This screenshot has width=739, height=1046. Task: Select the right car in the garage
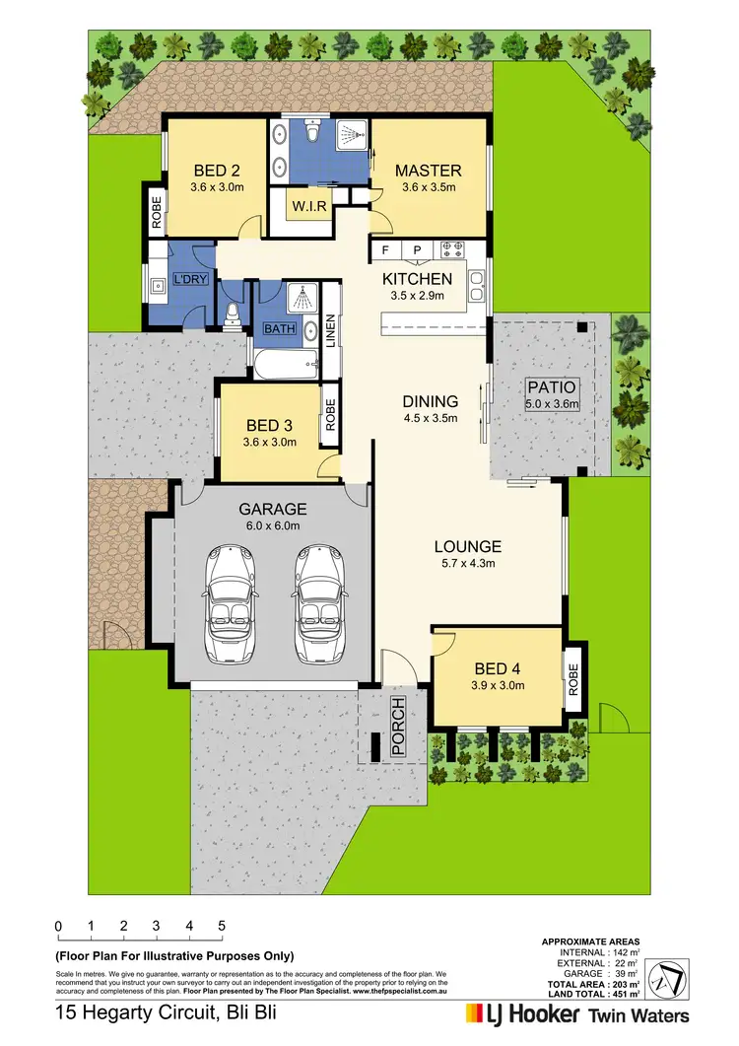pos(317,607)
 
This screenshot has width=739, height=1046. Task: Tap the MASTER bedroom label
pos(431,171)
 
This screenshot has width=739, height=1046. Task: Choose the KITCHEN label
pos(417,279)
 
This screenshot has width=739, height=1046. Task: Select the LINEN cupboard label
pos(331,330)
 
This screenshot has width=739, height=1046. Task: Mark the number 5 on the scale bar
pos(222,926)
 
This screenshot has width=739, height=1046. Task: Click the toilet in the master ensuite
pos(313,133)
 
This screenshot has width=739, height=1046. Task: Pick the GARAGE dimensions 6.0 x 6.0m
pos(273,525)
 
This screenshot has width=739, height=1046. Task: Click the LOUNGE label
pos(469,546)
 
